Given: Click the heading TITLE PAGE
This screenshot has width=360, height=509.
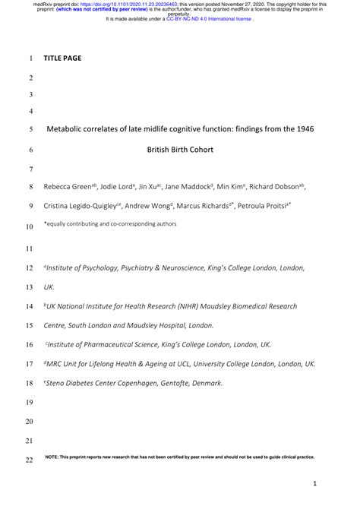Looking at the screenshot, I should pyautogui.click(x=62, y=58).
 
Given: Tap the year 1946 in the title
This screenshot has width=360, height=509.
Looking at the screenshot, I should pyautogui.click(x=303, y=128).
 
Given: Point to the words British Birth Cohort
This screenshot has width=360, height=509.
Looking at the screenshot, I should pyautogui.click(x=180, y=150).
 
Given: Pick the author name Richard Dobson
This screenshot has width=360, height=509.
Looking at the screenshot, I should pyautogui.click(x=276, y=186).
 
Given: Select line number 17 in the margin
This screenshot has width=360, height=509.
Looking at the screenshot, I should pyautogui.click(x=30, y=364).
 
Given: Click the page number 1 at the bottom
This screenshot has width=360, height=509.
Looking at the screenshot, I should pyautogui.click(x=313, y=483).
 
